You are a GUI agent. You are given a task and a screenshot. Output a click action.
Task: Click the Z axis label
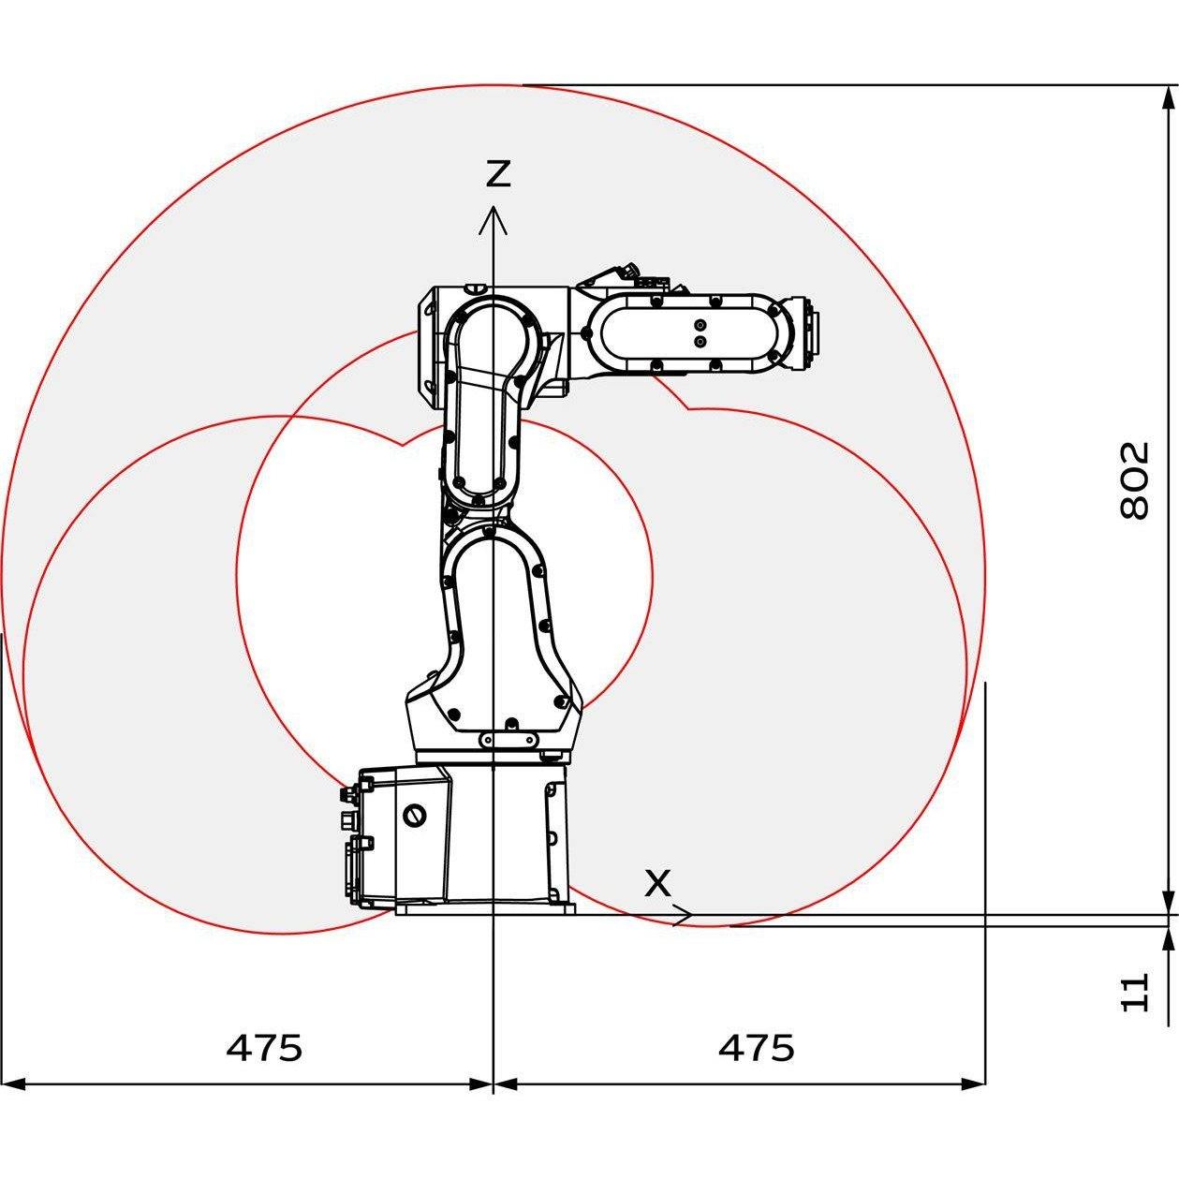pos(497,173)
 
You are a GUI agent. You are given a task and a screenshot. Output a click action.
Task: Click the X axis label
pos(658,882)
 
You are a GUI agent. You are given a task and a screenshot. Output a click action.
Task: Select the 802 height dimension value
pos(1134,479)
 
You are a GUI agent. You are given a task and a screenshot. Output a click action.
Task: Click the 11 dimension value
pos(1134,991)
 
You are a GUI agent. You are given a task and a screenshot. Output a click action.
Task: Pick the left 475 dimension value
pos(264,1047)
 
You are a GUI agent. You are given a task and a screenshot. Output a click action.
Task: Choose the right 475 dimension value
pos(756,1047)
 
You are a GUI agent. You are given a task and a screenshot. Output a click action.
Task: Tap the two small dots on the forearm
pos(699,333)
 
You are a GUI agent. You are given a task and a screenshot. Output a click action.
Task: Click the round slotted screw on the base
pos(412,815)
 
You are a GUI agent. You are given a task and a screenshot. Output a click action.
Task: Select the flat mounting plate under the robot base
pos(484,907)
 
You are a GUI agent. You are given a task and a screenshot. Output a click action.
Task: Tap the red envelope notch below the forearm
pos(688,408)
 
